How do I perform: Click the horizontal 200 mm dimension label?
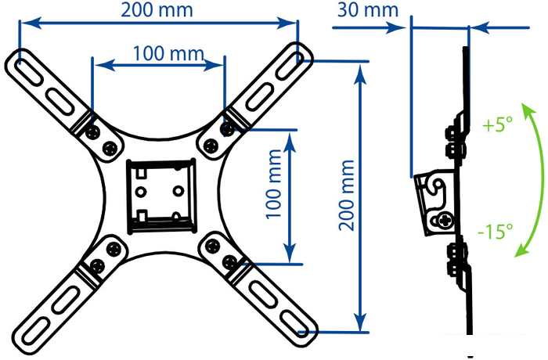(157, 10)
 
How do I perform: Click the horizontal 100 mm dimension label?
(168, 53)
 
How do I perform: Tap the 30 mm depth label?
(368, 10)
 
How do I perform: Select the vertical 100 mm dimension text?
(274, 184)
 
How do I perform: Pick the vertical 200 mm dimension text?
(346, 195)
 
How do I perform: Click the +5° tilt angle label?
(497, 124)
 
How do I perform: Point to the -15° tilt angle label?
(496, 231)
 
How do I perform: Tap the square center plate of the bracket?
(161, 196)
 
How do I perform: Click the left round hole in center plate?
(140, 192)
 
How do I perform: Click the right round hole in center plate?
(178, 191)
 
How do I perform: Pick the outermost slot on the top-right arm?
(290, 66)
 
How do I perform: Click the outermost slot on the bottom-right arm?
(295, 325)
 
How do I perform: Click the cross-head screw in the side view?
(445, 221)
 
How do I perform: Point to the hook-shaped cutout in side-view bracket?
(436, 188)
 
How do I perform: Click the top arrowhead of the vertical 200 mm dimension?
(360, 74)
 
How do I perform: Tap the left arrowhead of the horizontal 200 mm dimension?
(31, 23)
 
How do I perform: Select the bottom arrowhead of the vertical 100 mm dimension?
(290, 253)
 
